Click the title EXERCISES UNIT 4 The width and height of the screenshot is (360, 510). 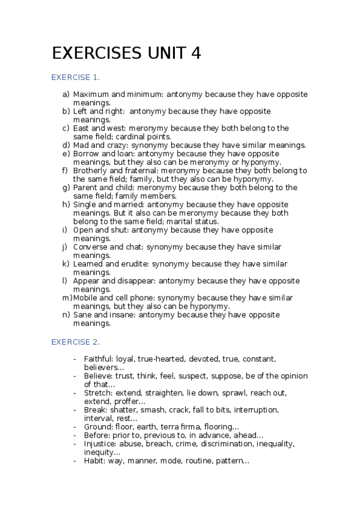[126, 54]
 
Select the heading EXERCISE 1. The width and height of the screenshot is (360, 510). [76, 78]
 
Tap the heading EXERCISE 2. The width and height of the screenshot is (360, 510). [76, 342]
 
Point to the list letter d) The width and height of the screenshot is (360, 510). [66, 145]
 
